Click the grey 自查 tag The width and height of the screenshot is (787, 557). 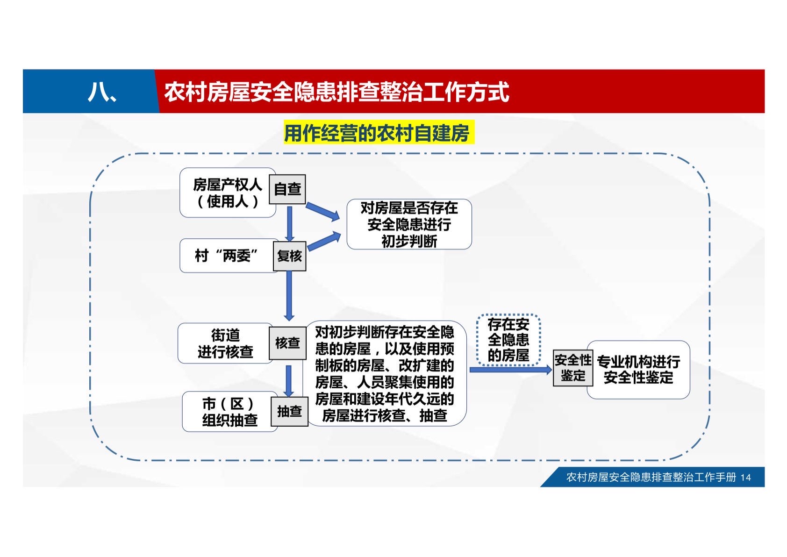(x=287, y=189)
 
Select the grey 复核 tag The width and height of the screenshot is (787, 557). (x=289, y=256)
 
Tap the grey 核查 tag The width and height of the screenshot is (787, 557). (x=287, y=343)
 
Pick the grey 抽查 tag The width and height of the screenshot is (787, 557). (x=289, y=411)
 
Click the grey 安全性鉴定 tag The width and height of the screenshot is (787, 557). (x=573, y=368)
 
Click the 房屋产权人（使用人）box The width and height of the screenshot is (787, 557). (x=228, y=193)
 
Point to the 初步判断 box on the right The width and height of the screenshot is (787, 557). (x=409, y=224)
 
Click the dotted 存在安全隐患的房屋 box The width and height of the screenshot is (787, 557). (x=508, y=340)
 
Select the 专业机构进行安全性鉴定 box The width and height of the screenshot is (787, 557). (x=638, y=370)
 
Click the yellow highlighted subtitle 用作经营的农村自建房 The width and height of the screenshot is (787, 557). (x=379, y=132)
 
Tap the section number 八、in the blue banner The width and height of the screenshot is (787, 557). (x=102, y=92)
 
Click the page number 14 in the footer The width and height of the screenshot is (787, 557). (x=745, y=478)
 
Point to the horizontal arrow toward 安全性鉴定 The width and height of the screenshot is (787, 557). (x=511, y=370)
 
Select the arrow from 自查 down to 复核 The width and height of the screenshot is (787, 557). (x=289, y=223)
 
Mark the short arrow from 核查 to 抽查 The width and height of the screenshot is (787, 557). (x=289, y=381)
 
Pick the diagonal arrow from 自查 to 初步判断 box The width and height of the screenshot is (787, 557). (x=323, y=211)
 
